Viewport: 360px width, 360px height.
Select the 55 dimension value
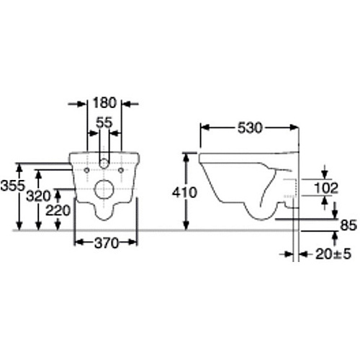point(104,122)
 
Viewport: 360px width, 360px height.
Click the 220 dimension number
point(57,212)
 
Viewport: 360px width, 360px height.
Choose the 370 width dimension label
point(106,244)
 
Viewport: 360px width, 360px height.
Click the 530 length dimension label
point(250,127)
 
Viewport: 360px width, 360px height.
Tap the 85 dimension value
point(348,225)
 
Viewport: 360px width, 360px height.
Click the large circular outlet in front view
point(105,191)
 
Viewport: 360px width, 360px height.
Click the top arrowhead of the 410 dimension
point(187,156)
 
